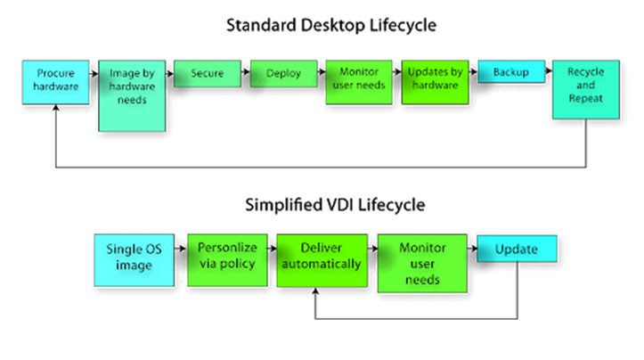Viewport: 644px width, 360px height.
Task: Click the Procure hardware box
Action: (55, 82)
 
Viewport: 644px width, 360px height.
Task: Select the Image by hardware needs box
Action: (132, 95)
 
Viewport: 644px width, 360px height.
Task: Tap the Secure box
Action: (208, 74)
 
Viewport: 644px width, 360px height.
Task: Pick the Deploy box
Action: (284, 74)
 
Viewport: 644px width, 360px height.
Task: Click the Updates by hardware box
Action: (436, 82)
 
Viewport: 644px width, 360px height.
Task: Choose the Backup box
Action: (511, 71)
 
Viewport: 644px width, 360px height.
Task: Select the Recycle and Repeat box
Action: (586, 90)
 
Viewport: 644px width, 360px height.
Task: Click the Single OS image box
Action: (134, 260)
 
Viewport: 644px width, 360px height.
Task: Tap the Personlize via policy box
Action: (227, 260)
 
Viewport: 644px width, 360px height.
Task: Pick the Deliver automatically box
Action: (322, 260)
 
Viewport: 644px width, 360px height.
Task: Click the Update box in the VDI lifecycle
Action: (517, 249)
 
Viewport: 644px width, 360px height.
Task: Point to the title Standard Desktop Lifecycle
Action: (331, 26)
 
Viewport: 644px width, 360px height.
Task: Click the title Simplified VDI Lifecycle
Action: (335, 205)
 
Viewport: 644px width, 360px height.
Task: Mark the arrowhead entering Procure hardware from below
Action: (56, 108)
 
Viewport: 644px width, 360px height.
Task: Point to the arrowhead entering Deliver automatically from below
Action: (315, 290)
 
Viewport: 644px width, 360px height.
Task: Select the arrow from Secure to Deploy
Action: (246, 72)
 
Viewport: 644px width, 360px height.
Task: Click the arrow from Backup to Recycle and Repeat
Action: (549, 70)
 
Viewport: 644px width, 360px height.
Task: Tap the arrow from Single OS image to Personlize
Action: (181, 249)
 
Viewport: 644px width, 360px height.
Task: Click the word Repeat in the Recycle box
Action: (586, 99)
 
